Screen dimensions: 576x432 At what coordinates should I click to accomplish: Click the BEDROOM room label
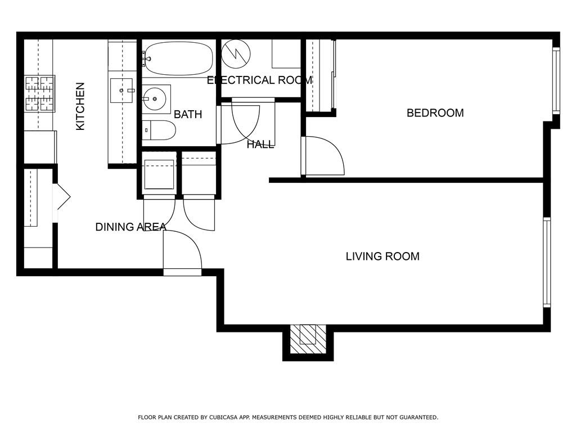coord(435,112)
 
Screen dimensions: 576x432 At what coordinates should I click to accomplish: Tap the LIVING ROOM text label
coord(382,256)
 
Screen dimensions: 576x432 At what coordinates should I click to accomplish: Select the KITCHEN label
coord(80,106)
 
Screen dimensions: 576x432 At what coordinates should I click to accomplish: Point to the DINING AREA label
coord(130,227)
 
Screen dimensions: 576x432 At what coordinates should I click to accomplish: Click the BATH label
coord(188,114)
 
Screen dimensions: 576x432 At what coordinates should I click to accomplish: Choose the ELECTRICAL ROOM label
coord(259,80)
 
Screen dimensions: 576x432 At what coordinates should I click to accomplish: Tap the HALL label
coord(260,145)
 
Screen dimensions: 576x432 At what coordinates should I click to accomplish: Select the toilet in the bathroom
coord(159,130)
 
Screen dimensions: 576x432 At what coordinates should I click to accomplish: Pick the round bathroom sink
coord(155,98)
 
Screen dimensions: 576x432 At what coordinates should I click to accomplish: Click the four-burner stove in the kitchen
coord(40,94)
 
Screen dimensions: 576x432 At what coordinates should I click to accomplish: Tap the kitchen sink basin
coord(121,91)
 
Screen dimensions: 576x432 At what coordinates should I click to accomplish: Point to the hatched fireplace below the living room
coord(308,339)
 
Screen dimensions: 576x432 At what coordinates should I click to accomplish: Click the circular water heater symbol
coord(236,54)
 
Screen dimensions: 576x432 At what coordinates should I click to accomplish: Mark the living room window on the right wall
coord(547,262)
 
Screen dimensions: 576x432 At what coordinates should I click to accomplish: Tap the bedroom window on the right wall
coord(556,80)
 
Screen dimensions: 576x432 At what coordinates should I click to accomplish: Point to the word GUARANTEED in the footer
coord(418,417)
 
